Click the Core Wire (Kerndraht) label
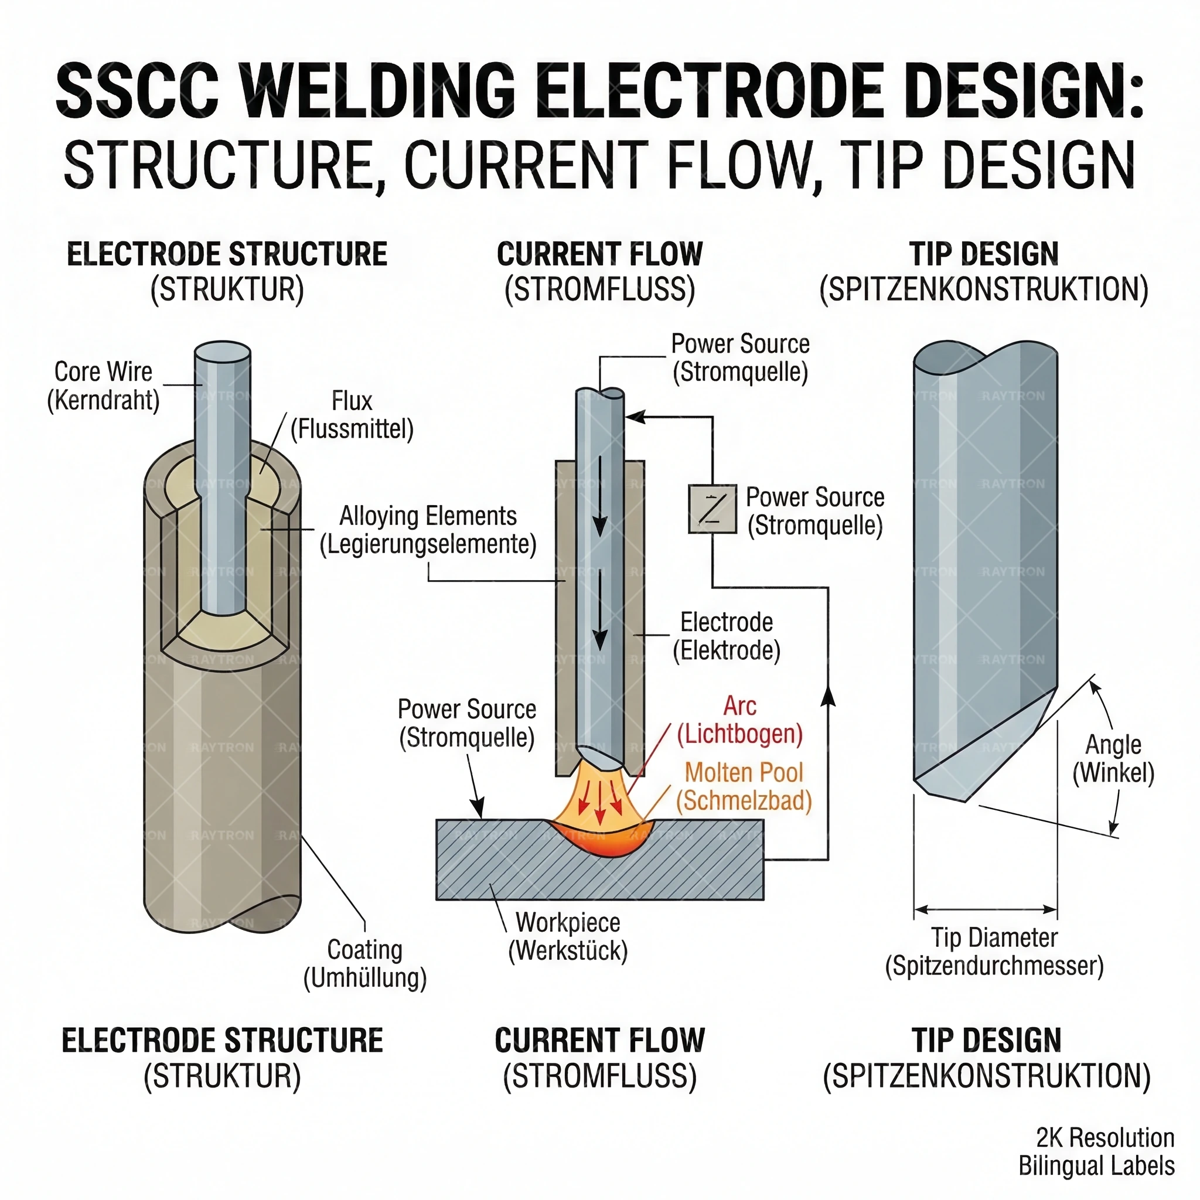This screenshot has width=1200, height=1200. [x=103, y=386]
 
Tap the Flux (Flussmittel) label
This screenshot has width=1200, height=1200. [x=352, y=415]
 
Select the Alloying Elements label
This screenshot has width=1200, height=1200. [x=428, y=530]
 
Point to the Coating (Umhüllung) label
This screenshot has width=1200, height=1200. [x=364, y=963]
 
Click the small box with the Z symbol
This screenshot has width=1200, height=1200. [x=712, y=509]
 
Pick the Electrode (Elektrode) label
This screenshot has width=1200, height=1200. [x=727, y=636]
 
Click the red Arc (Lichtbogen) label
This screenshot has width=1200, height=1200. [x=740, y=720]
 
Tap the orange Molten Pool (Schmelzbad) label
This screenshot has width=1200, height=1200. [x=744, y=786]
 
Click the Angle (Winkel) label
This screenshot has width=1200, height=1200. [x=1113, y=758]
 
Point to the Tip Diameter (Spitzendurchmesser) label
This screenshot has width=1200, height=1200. [x=994, y=952]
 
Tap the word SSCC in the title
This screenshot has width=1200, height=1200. [x=137, y=91]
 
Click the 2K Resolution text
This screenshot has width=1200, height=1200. [x=1105, y=1138]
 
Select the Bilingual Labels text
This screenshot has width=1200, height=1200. [x=1096, y=1166]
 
